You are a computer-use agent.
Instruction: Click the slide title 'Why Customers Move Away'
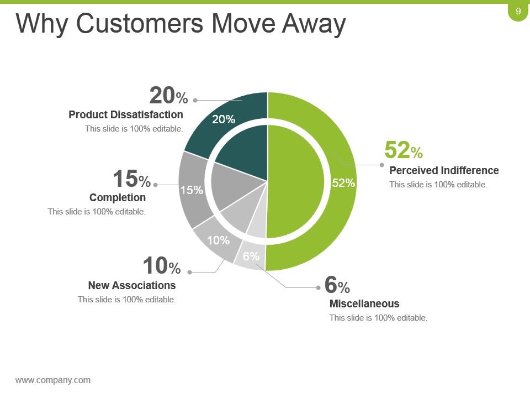tap(181, 24)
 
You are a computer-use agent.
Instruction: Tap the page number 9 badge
tap(518, 12)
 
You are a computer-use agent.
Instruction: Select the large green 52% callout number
tap(403, 150)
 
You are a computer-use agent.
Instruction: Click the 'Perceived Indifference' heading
tap(444, 170)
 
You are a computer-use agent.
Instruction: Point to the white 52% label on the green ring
tap(343, 183)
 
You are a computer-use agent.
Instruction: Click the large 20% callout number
tap(168, 97)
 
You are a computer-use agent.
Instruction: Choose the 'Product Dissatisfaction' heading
tap(126, 114)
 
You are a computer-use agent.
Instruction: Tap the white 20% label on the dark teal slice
tap(224, 119)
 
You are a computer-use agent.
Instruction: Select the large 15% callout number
tap(131, 180)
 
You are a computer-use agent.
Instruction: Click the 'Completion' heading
tap(118, 197)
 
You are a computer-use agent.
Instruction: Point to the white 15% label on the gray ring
tap(192, 190)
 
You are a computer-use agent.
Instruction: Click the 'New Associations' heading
tap(132, 285)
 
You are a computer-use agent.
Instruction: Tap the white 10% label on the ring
tap(218, 240)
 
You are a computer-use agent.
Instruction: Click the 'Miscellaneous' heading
tap(364, 303)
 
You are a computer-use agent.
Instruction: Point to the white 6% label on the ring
tap(251, 256)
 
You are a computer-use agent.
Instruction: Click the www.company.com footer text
tap(53, 380)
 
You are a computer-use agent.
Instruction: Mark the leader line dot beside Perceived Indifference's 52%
tap(381, 165)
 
